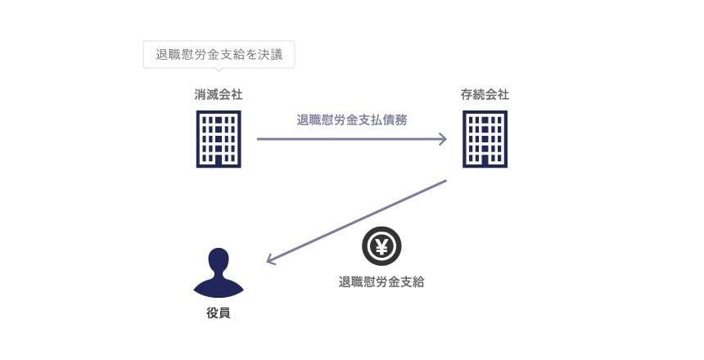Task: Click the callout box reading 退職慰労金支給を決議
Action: coord(219,56)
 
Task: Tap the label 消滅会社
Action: coord(219,95)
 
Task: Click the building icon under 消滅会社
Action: coord(219,139)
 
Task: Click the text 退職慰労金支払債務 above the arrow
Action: coord(352,119)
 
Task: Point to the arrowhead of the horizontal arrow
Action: coord(443,139)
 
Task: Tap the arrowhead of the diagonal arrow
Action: coord(272,261)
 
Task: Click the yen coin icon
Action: coord(381,246)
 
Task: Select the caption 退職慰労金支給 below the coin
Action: coord(381,282)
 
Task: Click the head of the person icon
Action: coord(219,260)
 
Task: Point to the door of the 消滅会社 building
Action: coord(219,161)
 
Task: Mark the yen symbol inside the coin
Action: coord(381,246)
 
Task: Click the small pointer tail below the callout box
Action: coord(219,71)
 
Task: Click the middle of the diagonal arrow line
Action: coord(358,221)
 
